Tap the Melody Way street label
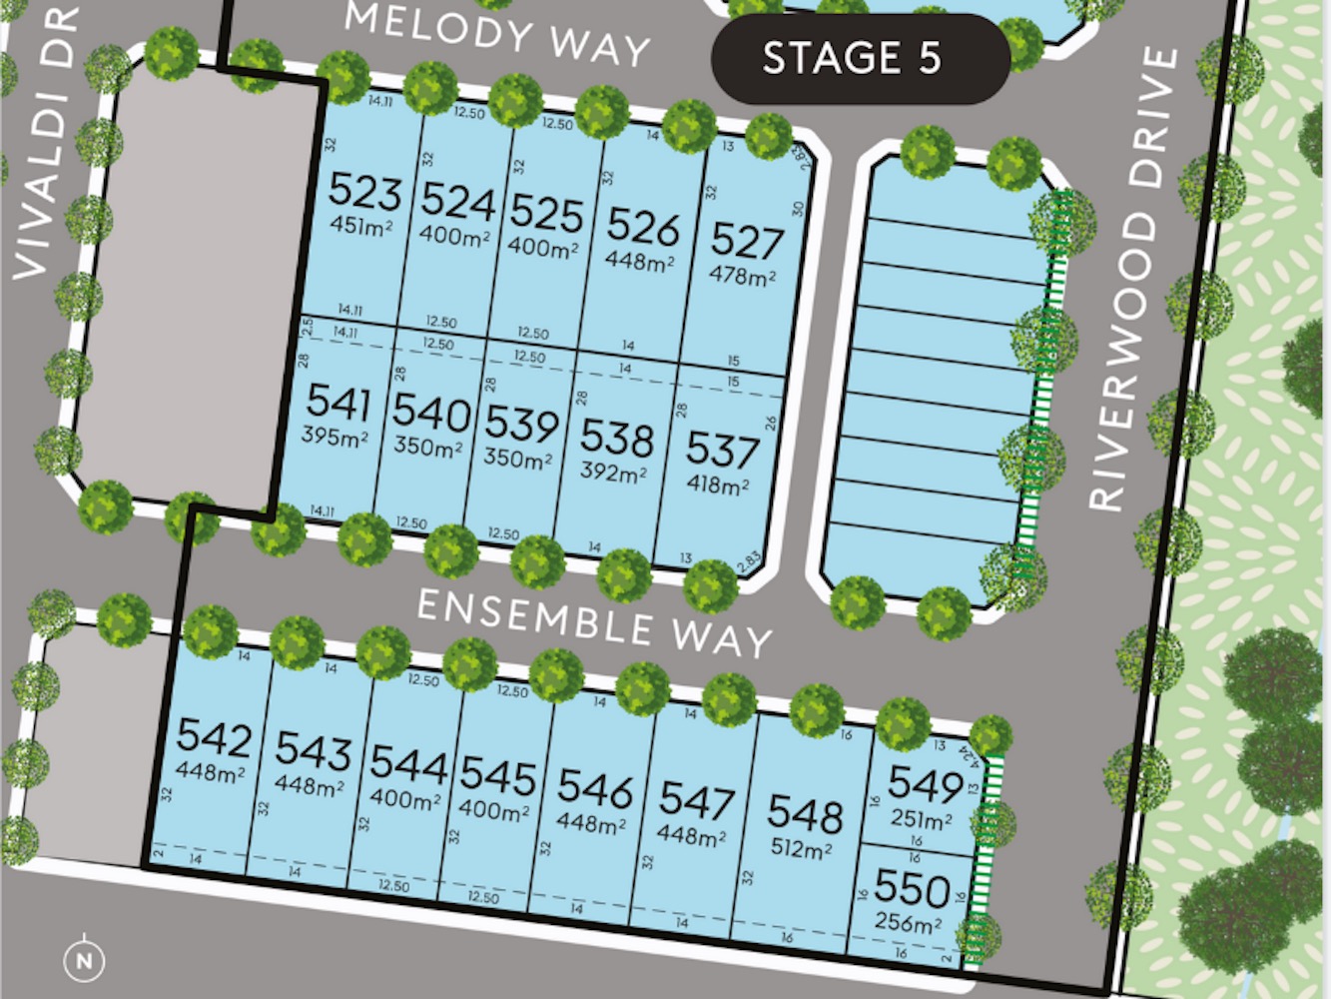pos(497,34)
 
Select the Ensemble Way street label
pos(594,622)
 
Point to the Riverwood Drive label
pos(1133,280)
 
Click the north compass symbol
pos(84,961)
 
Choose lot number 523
pos(364,190)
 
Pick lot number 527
pos(747,241)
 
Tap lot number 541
pos(338,402)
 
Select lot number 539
pos(521,425)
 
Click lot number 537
pos(722,451)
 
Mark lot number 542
pos(214,738)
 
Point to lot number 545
pos(498,775)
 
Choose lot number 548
pos(805,814)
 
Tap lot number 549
pos(925,784)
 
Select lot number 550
pos(912,888)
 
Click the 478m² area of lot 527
pos(743,275)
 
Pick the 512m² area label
pos(801,849)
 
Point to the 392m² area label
pos(613,472)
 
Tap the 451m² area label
pos(361,226)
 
